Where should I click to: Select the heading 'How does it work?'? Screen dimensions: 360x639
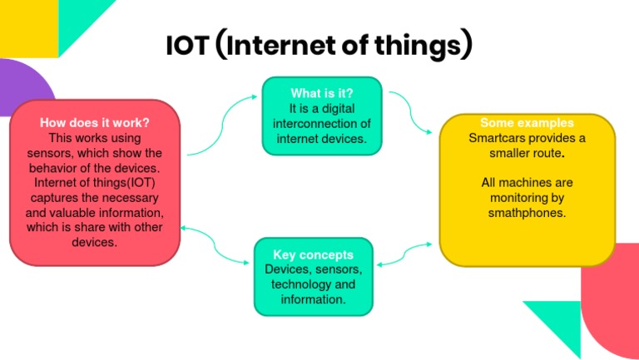(x=94, y=122)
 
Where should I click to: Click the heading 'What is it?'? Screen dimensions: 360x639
(x=322, y=92)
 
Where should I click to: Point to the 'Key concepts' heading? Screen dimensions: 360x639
(x=313, y=254)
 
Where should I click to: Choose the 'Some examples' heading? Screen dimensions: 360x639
(x=527, y=123)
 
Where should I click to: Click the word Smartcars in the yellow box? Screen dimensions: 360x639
(x=495, y=138)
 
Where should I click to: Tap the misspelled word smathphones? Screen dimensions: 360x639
(x=527, y=213)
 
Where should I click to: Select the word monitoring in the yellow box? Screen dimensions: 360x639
(x=527, y=198)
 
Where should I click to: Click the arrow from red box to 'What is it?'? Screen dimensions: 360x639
(x=223, y=125)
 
